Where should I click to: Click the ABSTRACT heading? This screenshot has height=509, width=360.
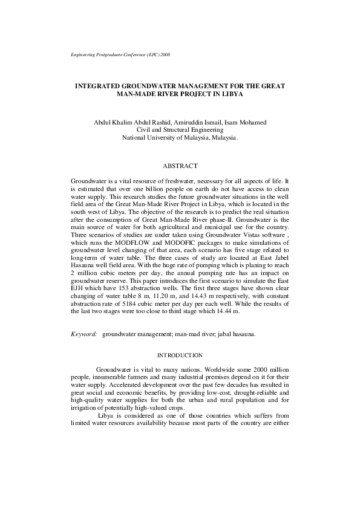point(180,166)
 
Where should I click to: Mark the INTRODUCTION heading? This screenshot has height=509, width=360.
point(180,355)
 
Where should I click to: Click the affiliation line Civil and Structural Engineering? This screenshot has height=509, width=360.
point(180,130)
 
